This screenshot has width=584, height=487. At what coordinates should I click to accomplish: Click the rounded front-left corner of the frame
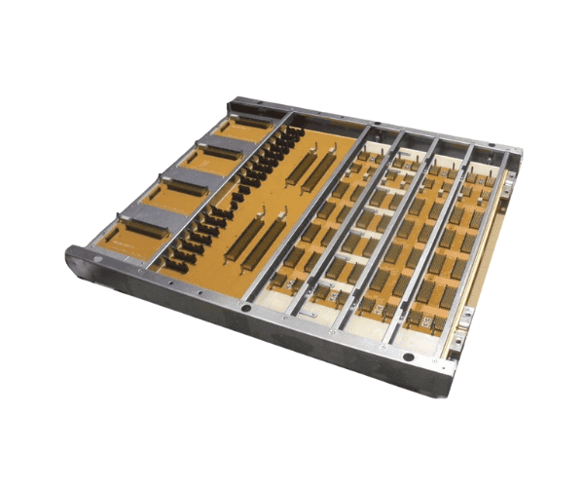73,259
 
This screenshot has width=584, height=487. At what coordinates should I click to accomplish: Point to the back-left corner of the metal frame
236,101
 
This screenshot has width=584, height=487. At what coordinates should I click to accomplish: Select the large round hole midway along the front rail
246,308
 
